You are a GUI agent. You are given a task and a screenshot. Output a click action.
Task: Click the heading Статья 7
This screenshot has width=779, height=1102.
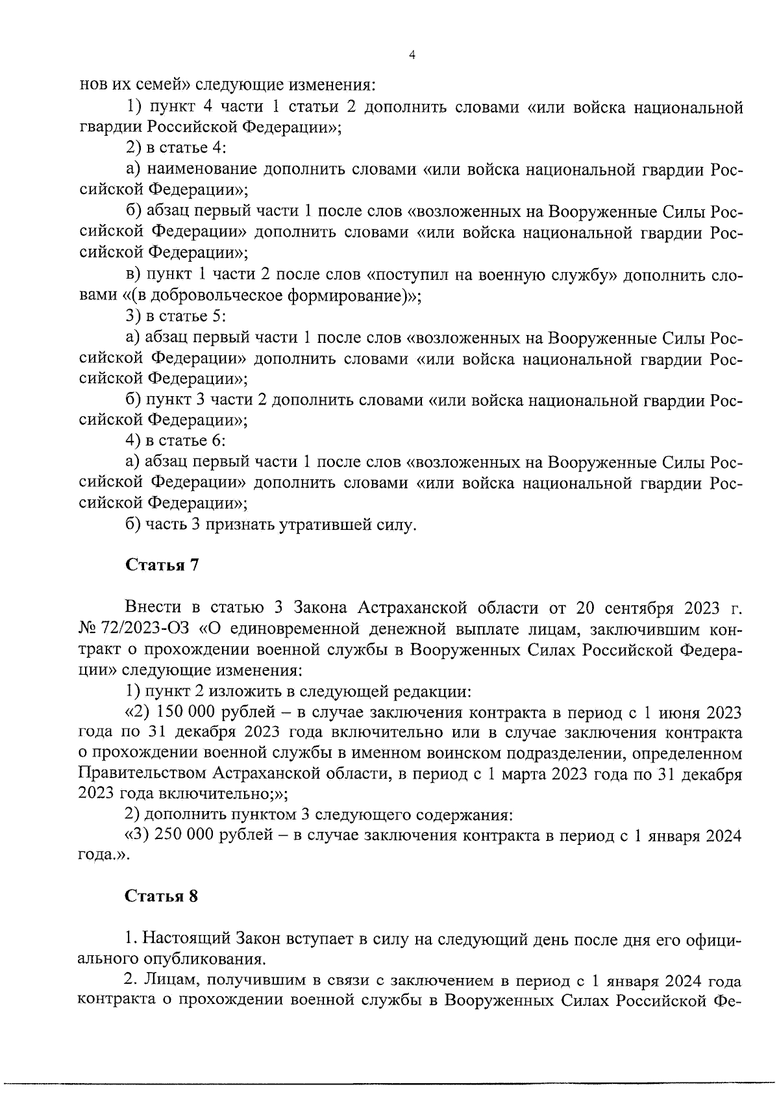(162, 564)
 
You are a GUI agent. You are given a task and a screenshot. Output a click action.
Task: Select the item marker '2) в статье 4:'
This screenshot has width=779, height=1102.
(175, 148)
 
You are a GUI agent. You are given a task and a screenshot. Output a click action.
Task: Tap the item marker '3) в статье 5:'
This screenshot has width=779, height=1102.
(175, 317)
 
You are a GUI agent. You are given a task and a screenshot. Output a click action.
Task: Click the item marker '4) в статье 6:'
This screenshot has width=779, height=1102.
(175, 440)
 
